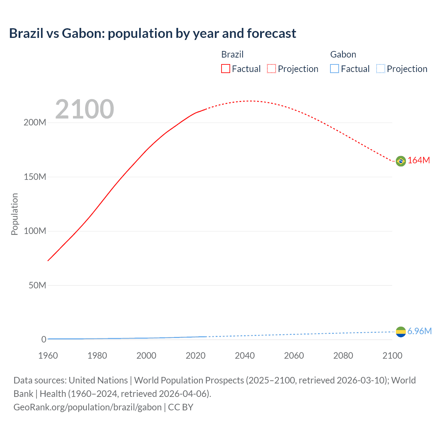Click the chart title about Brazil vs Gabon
click(x=152, y=33)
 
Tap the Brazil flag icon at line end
click(x=401, y=161)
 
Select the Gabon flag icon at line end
click(x=401, y=332)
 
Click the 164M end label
click(x=419, y=161)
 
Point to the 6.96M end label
click(x=419, y=331)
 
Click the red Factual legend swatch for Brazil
click(x=225, y=69)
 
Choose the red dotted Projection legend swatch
click(x=271, y=69)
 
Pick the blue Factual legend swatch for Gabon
click(x=334, y=69)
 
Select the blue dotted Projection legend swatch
click(x=380, y=69)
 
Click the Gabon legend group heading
click(x=343, y=54)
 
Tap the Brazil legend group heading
click(x=232, y=54)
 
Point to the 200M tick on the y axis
click(x=35, y=123)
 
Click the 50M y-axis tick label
click(x=37, y=285)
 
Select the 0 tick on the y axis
click(x=43, y=339)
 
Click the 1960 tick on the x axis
click(x=48, y=356)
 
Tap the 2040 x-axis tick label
click(x=245, y=356)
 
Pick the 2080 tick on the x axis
click(x=343, y=356)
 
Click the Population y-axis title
click(x=14, y=214)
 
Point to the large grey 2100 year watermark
click(x=84, y=109)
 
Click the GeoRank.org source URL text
click(x=88, y=407)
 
